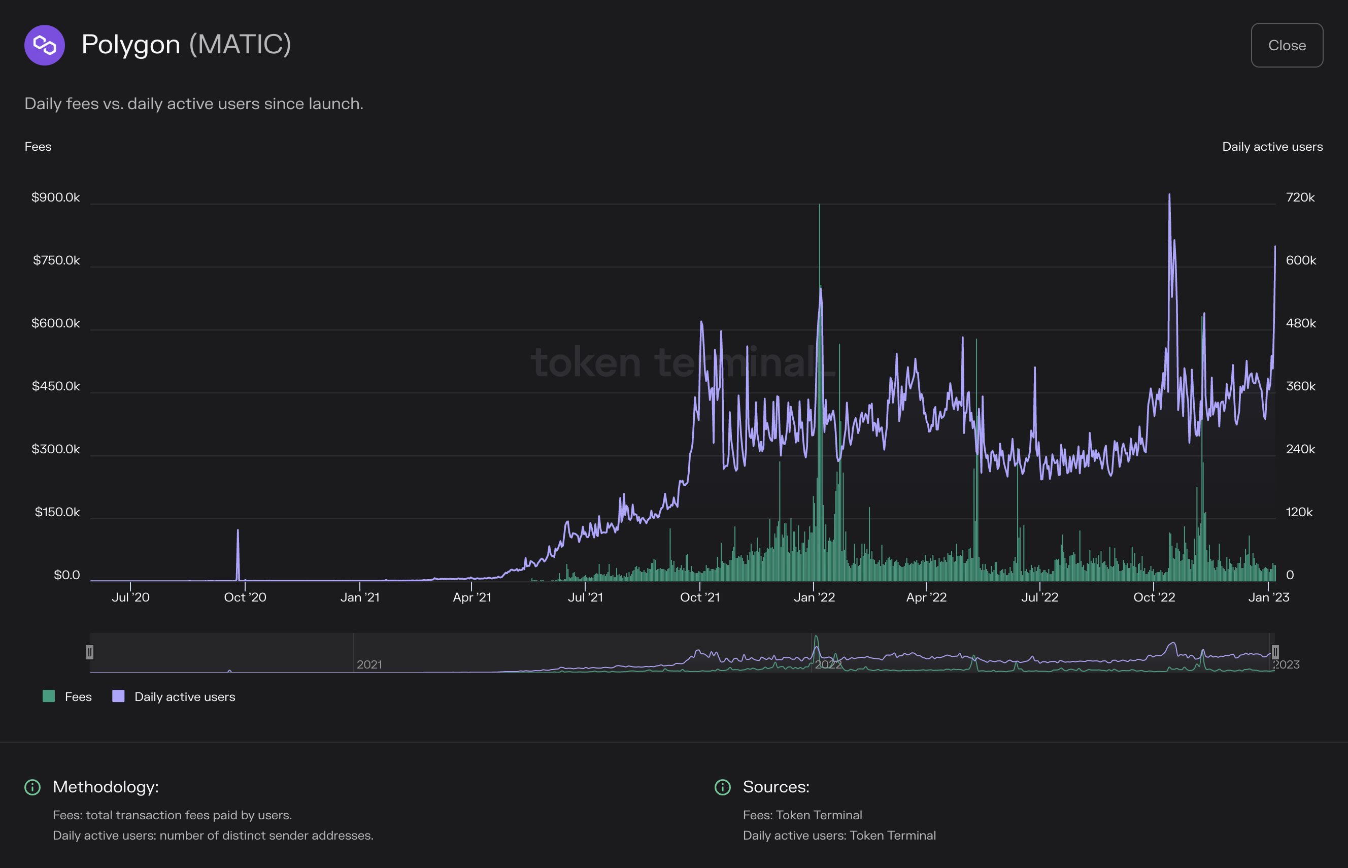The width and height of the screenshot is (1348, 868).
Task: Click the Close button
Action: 1287,45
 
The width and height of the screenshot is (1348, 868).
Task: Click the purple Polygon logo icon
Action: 45,45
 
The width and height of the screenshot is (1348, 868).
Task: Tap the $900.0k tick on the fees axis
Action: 55,197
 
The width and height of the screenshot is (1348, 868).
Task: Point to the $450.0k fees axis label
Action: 55,386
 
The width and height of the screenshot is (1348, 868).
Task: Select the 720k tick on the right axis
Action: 1300,197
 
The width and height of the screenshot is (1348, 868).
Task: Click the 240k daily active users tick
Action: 1300,449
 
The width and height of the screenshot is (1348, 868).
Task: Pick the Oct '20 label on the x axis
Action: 245,597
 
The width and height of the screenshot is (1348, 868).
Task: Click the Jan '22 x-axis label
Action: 814,597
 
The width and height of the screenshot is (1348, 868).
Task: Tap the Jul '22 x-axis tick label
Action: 1040,597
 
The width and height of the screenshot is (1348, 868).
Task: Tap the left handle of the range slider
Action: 90,652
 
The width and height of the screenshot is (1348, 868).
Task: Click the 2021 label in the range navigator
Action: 369,664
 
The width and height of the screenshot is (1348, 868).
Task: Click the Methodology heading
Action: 106,787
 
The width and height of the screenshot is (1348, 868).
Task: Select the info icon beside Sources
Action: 722,787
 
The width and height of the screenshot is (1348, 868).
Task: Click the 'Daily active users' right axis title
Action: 1272,147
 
